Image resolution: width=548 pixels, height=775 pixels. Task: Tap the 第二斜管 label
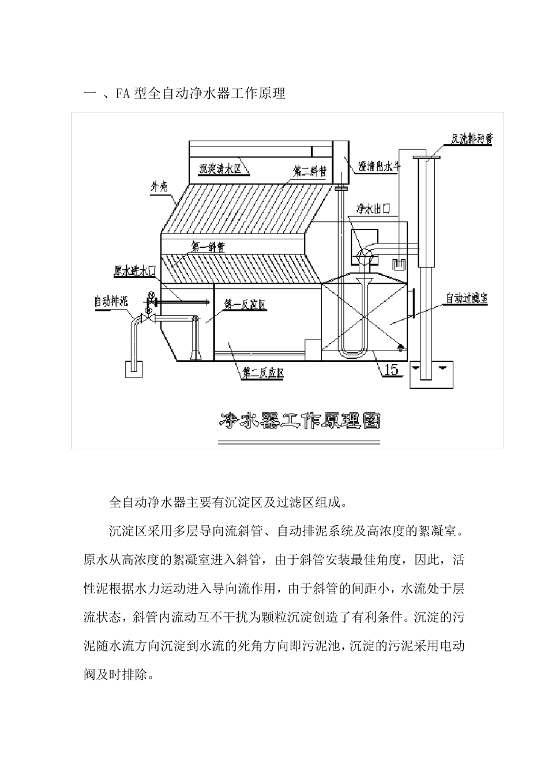(309, 171)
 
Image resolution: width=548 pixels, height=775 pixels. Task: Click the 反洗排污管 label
(471, 138)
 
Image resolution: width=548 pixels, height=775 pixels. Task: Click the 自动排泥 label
(111, 301)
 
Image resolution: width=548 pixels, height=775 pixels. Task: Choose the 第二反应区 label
(262, 373)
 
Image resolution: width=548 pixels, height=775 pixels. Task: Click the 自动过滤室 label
(467, 299)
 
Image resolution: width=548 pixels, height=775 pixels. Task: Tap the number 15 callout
(391, 370)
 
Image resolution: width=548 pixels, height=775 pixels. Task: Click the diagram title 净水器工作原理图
(299, 420)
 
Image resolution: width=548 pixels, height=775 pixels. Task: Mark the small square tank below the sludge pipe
(134, 369)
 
